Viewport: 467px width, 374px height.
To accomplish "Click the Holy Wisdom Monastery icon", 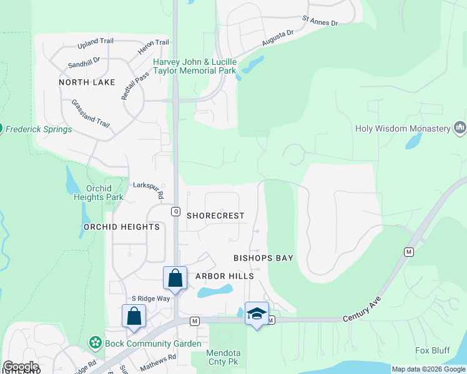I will [461, 128].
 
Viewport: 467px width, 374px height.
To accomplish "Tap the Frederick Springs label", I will [39, 130].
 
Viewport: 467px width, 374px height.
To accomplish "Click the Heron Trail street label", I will [153, 42].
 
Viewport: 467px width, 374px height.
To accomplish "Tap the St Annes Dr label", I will [320, 21].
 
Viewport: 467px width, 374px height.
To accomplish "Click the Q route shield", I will [175, 211].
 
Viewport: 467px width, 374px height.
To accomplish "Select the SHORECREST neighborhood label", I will [215, 215].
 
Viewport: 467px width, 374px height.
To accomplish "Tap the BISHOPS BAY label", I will [263, 257].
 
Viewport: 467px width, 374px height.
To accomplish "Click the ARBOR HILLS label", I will [225, 276].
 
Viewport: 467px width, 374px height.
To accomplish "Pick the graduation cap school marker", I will [257, 313].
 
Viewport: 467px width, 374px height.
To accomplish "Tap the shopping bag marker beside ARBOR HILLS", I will [175, 277].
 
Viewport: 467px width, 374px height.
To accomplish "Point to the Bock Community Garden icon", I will [95, 342].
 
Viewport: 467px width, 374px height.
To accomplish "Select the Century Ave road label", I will [362, 310].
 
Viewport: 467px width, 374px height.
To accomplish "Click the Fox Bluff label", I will [433, 350].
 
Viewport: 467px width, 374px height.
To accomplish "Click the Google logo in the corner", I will [20, 367].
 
